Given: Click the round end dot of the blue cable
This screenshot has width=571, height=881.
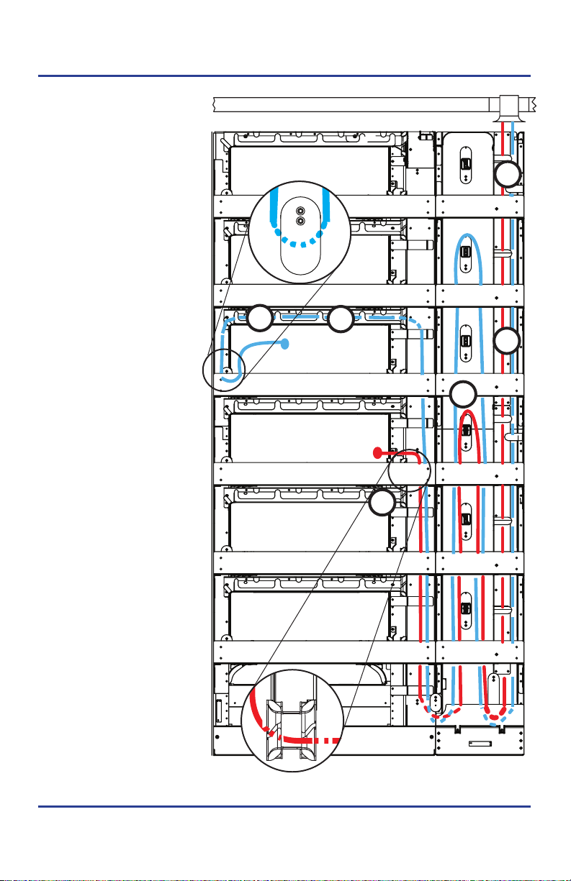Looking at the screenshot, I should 287,344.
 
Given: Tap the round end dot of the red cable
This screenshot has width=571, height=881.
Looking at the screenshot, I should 376,452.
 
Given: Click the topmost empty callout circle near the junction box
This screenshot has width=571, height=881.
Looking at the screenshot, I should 508,175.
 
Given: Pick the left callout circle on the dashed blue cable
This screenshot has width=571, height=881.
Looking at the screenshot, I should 261,318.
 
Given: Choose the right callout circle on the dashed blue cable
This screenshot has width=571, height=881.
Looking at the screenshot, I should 340,319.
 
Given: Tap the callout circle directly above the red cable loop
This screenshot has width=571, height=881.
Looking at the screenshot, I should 463,394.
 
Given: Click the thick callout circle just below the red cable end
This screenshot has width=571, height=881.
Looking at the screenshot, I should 382,503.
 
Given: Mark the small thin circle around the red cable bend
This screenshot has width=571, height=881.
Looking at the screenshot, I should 409,470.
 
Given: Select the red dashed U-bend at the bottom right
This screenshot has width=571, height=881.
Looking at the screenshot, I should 495,714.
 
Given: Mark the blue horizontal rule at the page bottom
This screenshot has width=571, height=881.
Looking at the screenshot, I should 285,807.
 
